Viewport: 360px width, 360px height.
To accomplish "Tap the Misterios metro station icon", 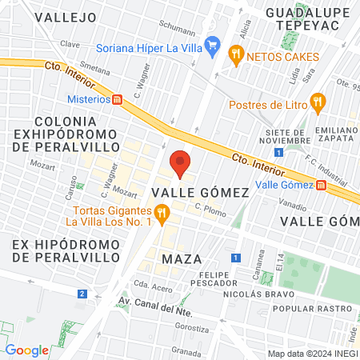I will (118, 100).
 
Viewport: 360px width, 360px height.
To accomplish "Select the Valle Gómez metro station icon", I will (322, 185).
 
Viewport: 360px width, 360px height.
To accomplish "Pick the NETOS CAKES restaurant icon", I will (236, 55).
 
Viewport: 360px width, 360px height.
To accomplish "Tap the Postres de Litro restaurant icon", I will (318, 102).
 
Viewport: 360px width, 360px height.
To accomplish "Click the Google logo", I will (27, 350).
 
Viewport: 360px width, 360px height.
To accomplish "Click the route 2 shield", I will (82, 294).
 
